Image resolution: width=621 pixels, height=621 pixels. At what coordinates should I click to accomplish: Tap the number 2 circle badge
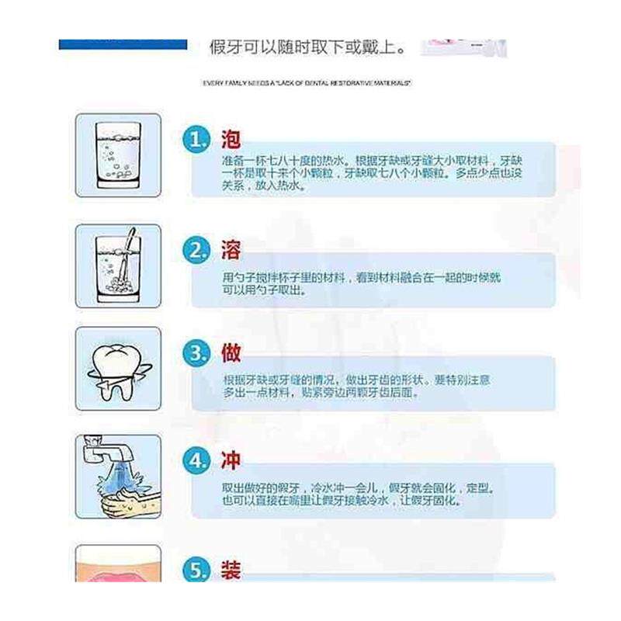click(197, 252)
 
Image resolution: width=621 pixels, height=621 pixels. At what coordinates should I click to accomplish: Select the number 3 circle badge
click(197, 354)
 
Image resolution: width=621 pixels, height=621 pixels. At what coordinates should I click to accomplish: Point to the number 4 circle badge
click(197, 461)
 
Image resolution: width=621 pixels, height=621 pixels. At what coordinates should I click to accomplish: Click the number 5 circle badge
click(197, 571)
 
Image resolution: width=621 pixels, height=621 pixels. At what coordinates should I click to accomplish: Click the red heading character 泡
click(231, 140)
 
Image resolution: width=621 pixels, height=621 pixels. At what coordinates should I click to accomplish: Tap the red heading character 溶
click(231, 250)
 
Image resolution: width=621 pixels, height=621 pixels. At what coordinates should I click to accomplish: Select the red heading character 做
click(231, 353)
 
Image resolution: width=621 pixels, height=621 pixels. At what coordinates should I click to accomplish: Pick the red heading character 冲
click(231, 460)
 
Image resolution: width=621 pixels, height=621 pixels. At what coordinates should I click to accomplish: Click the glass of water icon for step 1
click(117, 155)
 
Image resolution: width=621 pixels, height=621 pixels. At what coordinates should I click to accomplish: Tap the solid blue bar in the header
click(123, 44)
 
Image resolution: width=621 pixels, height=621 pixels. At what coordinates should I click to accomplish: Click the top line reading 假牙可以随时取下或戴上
click(307, 47)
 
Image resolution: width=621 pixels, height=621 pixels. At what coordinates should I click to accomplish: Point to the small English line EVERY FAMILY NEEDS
click(307, 82)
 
